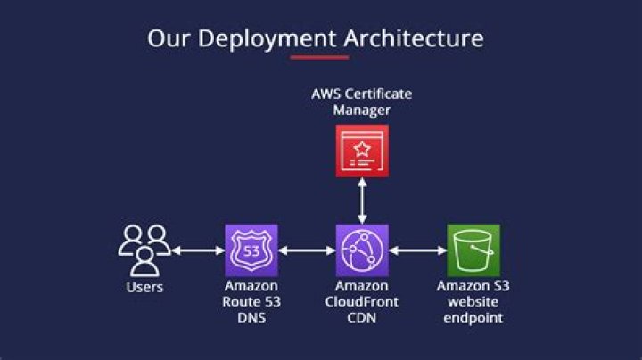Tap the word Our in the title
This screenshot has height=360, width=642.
[x=168, y=38]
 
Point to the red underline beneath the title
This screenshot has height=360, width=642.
[x=319, y=58]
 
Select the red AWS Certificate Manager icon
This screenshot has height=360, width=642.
[x=361, y=151]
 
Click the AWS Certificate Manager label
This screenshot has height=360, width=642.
[x=361, y=102]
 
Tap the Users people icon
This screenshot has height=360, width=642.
[x=144, y=250]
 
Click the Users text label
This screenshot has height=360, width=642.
[x=144, y=287]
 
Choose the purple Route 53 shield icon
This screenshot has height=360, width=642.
[x=251, y=250]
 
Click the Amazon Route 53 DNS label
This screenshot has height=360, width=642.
[x=251, y=301]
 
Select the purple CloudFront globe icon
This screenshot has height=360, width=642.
[x=361, y=250]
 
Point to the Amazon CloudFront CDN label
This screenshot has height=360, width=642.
[x=361, y=301]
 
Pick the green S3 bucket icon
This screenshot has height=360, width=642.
[x=473, y=250]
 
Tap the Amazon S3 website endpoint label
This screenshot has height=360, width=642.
[x=473, y=301]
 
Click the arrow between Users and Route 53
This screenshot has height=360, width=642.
[x=197, y=251]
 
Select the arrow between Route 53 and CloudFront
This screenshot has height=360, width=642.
[x=306, y=251]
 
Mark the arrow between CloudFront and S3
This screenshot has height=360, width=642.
[x=417, y=251]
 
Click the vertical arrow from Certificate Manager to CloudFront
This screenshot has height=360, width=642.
[x=361, y=200]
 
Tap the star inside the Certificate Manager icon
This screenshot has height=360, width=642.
[x=361, y=148]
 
